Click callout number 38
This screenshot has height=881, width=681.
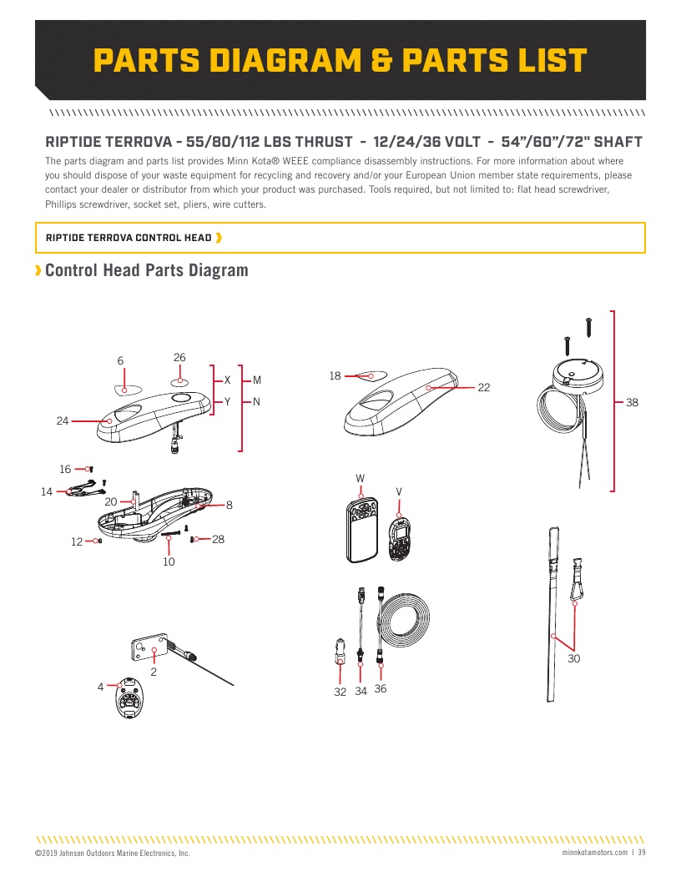click(x=632, y=402)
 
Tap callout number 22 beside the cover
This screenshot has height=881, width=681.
click(x=484, y=387)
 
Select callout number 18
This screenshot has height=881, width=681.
click(x=335, y=376)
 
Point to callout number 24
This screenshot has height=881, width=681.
click(x=63, y=421)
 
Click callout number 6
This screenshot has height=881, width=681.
click(x=120, y=361)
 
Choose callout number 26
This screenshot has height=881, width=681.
click(x=179, y=358)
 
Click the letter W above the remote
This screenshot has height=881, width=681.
click(x=361, y=478)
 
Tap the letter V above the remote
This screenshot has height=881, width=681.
click(x=399, y=491)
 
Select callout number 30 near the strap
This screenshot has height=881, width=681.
click(x=574, y=659)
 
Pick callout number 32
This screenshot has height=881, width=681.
click(x=340, y=691)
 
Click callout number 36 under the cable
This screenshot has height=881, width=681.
click(x=381, y=689)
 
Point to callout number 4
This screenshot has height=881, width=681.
click(x=100, y=687)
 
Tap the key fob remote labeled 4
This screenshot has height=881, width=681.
click(x=129, y=696)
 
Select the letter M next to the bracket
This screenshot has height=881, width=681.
click(x=257, y=380)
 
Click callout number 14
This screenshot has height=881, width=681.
click(x=47, y=492)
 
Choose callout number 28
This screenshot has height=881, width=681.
click(x=219, y=540)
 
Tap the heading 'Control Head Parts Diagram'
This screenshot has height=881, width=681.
click(x=147, y=270)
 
